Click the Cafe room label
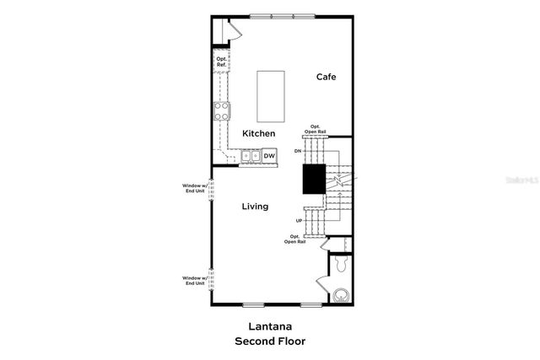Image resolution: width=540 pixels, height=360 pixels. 326,77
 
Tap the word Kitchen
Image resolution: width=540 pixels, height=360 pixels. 258,134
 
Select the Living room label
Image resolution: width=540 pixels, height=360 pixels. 255,207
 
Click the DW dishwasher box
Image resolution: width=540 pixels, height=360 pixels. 269,156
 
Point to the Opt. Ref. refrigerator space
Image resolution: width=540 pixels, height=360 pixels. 221,62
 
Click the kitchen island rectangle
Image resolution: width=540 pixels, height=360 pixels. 271,94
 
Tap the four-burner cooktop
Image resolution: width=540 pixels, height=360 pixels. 222,110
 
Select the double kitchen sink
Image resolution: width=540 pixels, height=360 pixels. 251,156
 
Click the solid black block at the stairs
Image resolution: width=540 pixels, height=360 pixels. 314,180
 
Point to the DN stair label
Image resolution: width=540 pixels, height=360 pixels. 297,151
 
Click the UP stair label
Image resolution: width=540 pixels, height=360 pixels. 299,221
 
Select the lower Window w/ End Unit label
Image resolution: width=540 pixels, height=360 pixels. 194,280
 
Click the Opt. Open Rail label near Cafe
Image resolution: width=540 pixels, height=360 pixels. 316,130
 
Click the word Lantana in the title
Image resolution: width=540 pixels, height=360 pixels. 270,326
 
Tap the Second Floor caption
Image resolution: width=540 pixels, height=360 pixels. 270,341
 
